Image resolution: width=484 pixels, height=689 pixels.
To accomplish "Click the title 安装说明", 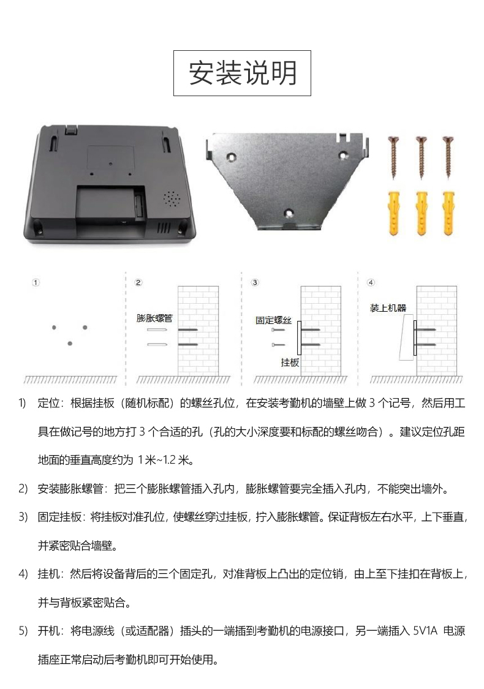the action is point(243,73).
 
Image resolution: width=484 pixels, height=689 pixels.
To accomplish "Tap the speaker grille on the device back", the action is point(172,199).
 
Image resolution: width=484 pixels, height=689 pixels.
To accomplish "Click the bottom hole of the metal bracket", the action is point(289,213).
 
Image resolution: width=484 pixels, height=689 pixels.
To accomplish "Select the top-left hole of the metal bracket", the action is point(231,156).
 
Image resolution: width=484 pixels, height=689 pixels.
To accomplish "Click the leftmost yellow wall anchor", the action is point(395,213).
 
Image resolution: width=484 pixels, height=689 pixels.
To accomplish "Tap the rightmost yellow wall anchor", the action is point(449,213).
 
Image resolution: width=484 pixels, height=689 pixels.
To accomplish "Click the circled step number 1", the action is point(36,282).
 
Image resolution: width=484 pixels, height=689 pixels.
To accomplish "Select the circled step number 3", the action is point(255,282).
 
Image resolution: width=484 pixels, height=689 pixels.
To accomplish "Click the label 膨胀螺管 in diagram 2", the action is point(154,318).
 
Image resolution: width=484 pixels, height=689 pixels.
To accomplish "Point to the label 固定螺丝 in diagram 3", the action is point(273,320).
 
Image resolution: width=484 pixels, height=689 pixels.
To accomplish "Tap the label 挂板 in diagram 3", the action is point(290,362).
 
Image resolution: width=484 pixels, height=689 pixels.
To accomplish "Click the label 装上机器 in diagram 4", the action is point(388,308).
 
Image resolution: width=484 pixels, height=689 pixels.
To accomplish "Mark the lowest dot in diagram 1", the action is point(70,343).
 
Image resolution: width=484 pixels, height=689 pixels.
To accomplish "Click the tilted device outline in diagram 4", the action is point(406,337).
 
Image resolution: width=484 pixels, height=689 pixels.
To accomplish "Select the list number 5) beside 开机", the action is point(23,631).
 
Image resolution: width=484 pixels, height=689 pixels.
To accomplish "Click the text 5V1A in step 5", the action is point(426,631).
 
